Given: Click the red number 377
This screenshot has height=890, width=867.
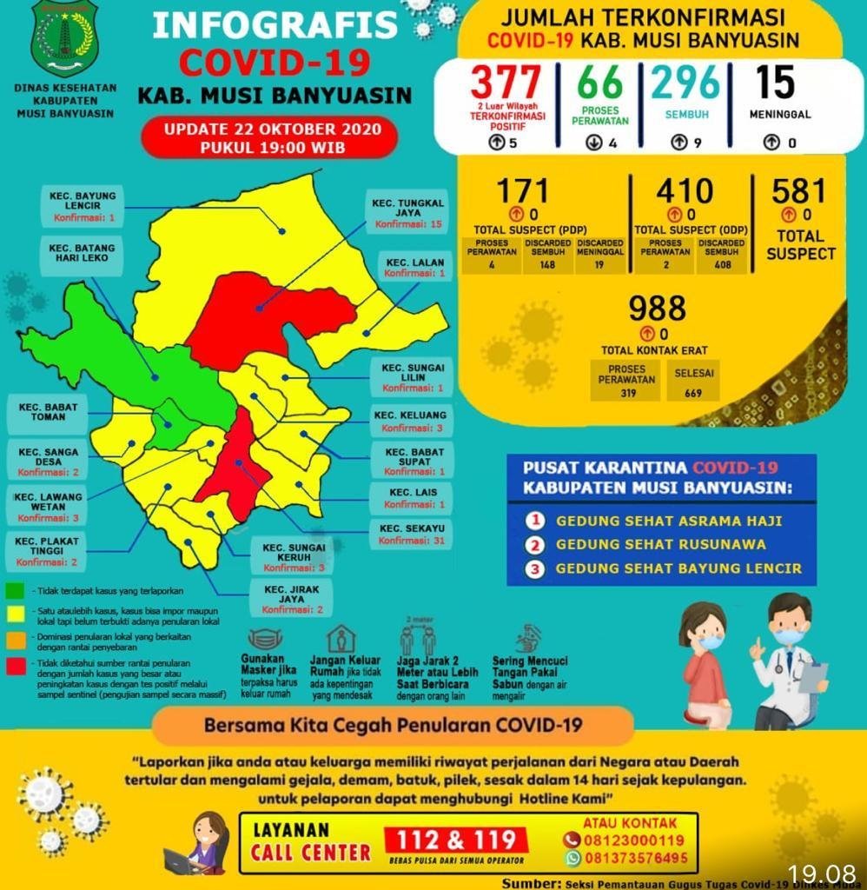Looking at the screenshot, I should (x=506, y=83).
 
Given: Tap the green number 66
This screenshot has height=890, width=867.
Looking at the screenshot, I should (x=600, y=83).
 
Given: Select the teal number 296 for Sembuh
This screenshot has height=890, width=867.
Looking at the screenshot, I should (x=686, y=83).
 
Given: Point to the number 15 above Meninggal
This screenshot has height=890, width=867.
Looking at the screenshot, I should (x=775, y=82).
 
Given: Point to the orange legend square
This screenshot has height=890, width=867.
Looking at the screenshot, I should (x=14, y=640).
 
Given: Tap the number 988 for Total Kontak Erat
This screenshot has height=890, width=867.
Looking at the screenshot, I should (x=657, y=309).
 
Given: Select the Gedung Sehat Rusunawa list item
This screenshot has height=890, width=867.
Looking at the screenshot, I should (x=660, y=545).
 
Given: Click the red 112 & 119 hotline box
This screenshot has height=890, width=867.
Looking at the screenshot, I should (x=457, y=840).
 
